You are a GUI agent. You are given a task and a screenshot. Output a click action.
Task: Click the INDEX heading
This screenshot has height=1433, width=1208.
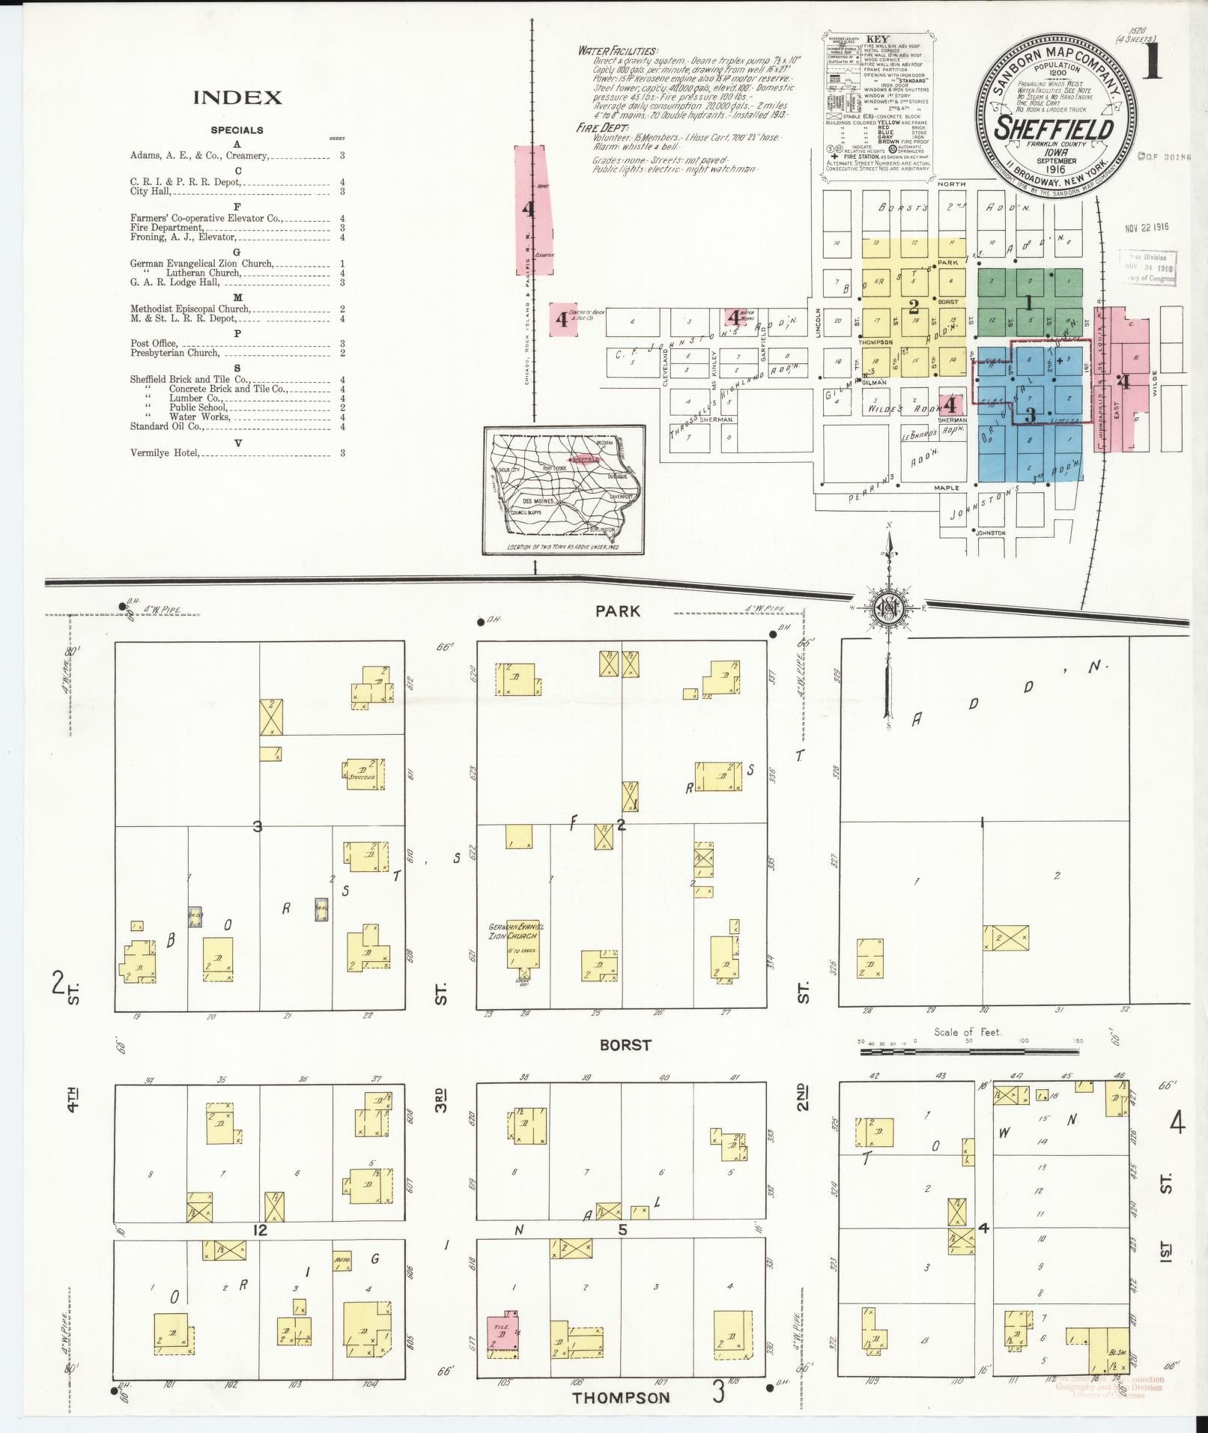[237, 97]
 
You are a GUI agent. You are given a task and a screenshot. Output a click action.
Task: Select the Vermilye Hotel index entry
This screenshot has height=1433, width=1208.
[165, 452]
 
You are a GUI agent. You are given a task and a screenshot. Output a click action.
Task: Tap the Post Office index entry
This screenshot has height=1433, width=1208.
[154, 343]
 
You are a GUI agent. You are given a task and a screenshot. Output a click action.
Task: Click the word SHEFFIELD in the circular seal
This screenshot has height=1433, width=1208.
[1053, 128]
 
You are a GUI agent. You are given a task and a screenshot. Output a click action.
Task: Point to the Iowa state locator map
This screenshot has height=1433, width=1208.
[564, 490]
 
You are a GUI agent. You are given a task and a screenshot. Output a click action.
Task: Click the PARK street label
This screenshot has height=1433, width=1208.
[618, 611]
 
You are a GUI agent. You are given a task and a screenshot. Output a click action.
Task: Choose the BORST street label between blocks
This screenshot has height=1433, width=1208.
[625, 1044]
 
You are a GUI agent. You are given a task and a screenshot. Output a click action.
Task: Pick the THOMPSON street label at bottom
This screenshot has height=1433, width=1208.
[621, 1397]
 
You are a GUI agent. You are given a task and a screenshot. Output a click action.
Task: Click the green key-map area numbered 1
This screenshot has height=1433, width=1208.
[1029, 303]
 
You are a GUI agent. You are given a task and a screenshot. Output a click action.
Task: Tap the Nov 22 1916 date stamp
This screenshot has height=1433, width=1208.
[1147, 227]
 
